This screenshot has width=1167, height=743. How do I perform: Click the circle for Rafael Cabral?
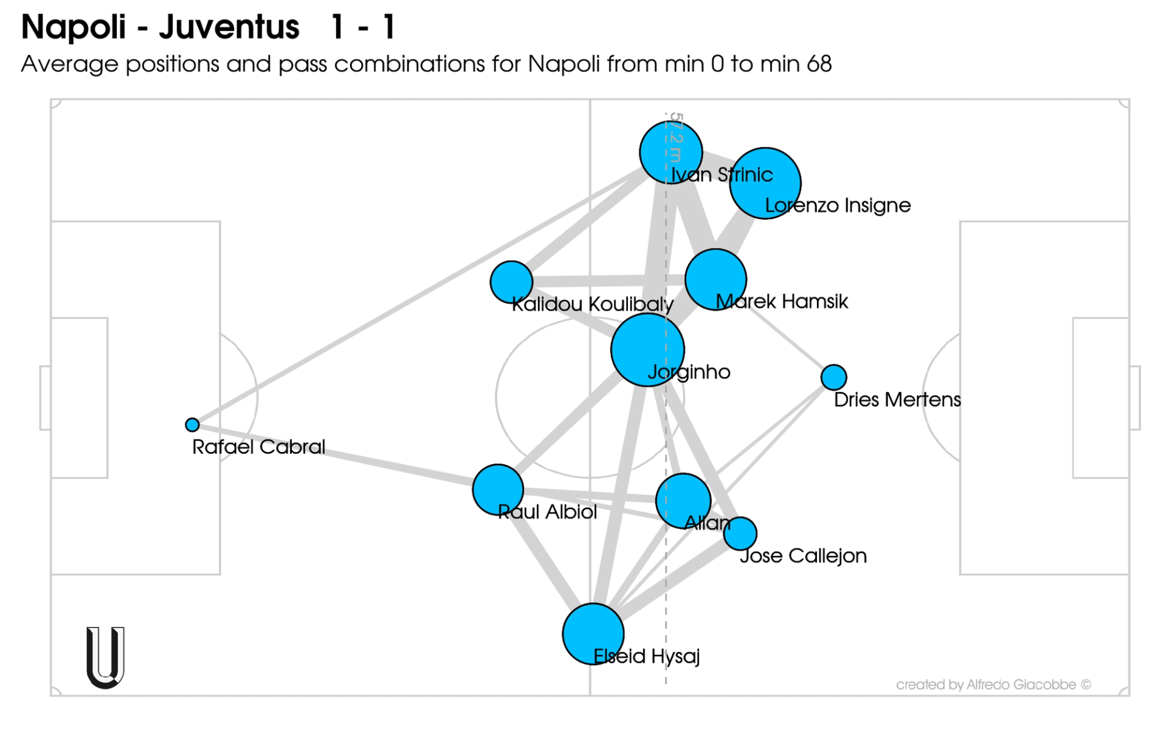click(x=192, y=425)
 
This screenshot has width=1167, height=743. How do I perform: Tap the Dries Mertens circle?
click(x=833, y=377)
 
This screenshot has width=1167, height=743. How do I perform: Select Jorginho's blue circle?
click(x=647, y=350)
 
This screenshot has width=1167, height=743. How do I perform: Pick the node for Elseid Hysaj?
click(x=593, y=634)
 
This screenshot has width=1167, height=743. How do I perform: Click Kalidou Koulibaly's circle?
click(x=511, y=282)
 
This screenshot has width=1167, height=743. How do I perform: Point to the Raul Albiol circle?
click(x=498, y=490)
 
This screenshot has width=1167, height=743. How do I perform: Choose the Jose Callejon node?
click(x=740, y=533)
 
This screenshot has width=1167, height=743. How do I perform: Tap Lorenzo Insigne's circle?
click(x=765, y=183)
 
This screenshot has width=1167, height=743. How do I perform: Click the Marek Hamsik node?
click(x=715, y=279)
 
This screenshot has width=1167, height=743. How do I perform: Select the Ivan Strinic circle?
click(x=671, y=152)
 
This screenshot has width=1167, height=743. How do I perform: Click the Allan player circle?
click(x=683, y=501)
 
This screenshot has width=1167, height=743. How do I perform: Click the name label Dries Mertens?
click(x=897, y=400)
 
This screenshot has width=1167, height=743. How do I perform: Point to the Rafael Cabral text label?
click(x=258, y=447)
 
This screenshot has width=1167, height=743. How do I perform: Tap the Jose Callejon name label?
click(x=803, y=556)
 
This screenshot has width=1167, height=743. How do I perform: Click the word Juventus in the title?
click(x=229, y=27)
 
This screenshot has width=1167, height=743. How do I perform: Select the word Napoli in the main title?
click(x=73, y=27)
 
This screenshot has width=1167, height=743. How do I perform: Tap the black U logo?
click(x=105, y=658)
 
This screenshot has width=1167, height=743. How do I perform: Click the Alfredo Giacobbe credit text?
click(x=993, y=685)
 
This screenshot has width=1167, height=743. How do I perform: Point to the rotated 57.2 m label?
click(x=676, y=137)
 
